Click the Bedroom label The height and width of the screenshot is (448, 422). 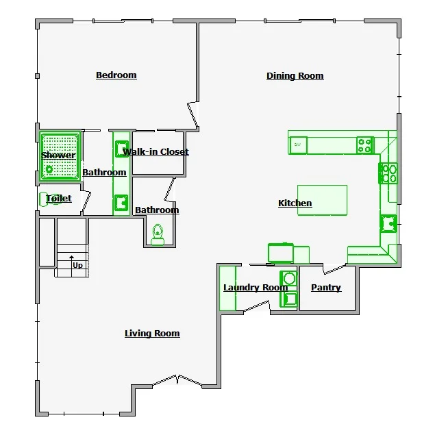tap(116, 75)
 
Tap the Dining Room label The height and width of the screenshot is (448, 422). tap(295, 76)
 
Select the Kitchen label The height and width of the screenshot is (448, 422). tap(295, 203)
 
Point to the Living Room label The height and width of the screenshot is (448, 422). tap(152, 334)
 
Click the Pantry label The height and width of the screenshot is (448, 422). tap(326, 288)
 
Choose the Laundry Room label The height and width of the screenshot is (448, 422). tap(256, 288)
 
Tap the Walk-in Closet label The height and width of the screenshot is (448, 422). tap(156, 151)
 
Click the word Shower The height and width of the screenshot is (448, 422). tap(58, 155)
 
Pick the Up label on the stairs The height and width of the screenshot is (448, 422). tap(77, 265)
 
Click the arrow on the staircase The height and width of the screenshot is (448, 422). tap(71, 266)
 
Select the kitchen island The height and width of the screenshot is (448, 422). tap(322, 200)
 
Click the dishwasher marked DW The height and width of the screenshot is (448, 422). tap(298, 145)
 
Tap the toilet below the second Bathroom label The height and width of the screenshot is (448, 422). tap(158, 235)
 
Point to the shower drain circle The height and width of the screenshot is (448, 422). tap(49, 169)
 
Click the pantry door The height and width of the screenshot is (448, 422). tap(334, 270)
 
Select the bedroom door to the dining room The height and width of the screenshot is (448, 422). tap(193, 115)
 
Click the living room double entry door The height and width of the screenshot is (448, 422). tap(177, 380)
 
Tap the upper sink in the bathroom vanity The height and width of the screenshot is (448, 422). tap(122, 149)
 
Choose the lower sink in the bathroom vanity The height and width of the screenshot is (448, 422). tap(121, 203)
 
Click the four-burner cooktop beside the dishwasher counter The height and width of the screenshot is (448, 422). tap(365, 145)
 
